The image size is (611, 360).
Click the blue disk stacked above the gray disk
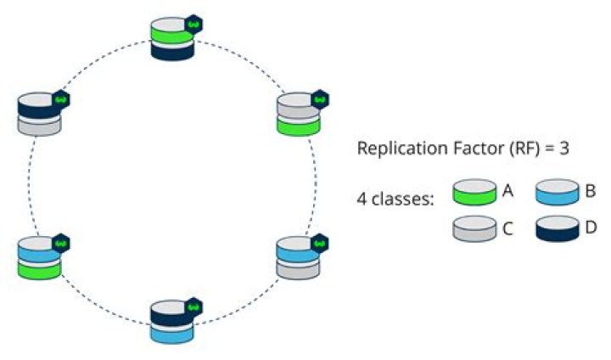pyautogui.click(x=297, y=251)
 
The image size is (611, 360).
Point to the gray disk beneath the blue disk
pyautogui.click(x=297, y=269)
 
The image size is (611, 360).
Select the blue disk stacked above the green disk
pyautogui.click(x=38, y=251)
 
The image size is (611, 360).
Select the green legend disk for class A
pyautogui.click(x=474, y=193)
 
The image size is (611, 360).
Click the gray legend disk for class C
pyautogui.click(x=474, y=228)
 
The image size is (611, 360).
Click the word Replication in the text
pyautogui.click(x=396, y=149)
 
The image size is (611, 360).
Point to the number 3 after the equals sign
pyautogui.click(x=563, y=148)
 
